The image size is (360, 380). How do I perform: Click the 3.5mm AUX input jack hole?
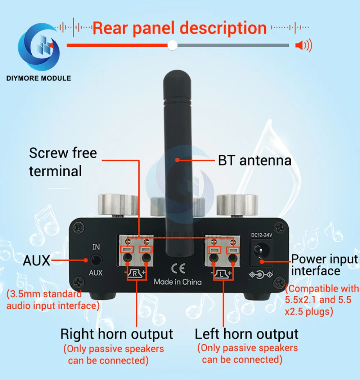click(96, 260)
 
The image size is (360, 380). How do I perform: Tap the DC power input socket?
click(260, 250)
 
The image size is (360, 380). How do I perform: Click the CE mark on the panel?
click(177, 268)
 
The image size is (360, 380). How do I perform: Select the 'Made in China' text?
click(177, 282)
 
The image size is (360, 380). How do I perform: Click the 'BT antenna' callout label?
click(255, 160)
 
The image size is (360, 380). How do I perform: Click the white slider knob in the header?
click(173, 45)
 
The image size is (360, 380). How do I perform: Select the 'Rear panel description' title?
click(179, 28)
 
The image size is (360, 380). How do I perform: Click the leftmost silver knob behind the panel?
click(118, 205)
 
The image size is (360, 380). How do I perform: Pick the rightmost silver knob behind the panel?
click(237, 205)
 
